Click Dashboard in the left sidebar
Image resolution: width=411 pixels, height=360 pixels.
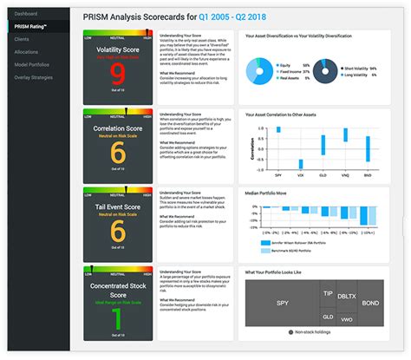point(26,14)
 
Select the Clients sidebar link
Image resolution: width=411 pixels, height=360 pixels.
point(22,39)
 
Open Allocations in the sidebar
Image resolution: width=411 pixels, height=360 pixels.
point(26,51)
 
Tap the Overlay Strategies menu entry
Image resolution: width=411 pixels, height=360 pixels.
point(34,76)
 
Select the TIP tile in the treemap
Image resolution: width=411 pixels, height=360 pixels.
point(327,294)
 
